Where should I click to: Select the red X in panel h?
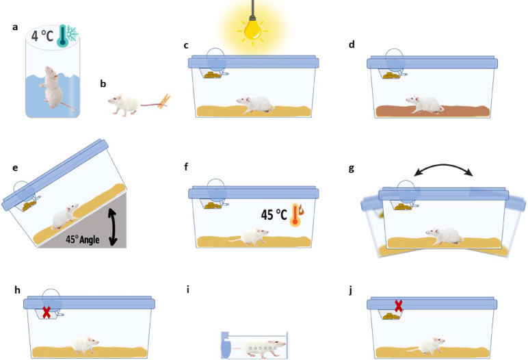tap(47, 312)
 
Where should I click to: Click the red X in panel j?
tap(396, 306)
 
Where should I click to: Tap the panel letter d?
tap(352, 46)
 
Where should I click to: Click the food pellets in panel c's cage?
tap(214, 73)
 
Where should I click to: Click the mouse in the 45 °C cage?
tap(249, 237)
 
